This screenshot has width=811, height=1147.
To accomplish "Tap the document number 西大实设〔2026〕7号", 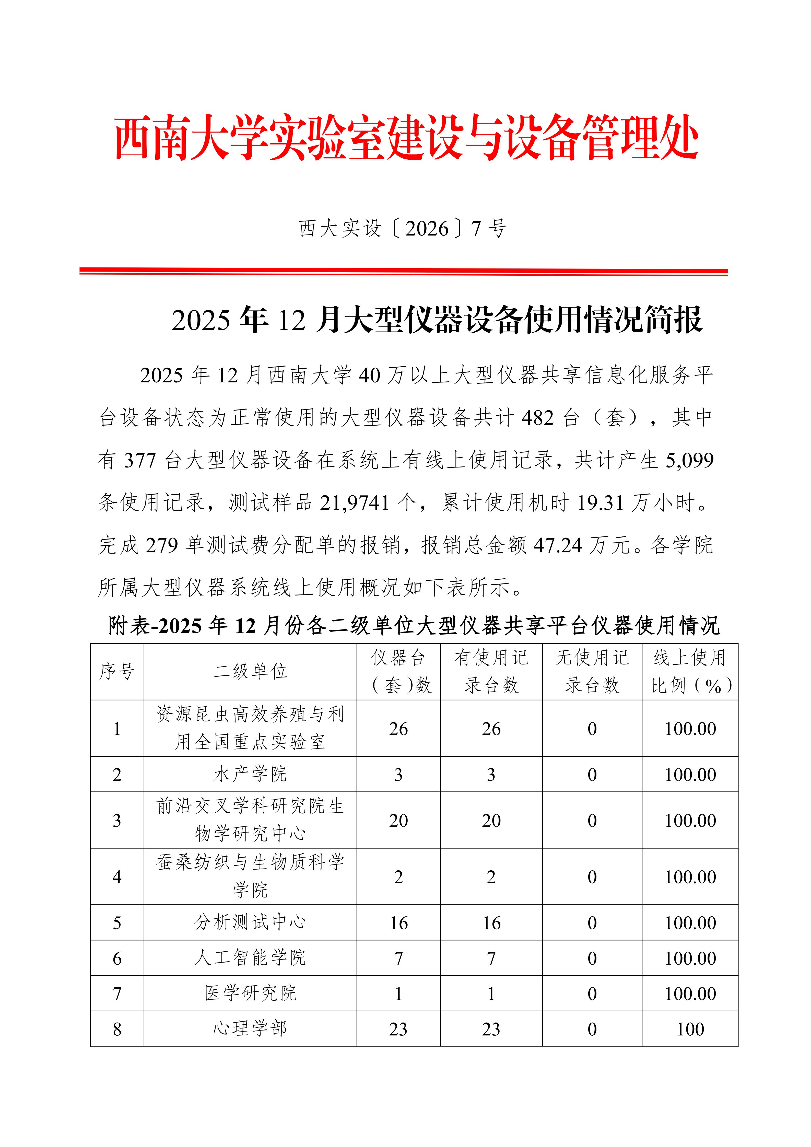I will pyautogui.click(x=403, y=229).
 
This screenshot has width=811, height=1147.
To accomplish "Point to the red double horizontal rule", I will pyautogui.click(x=404, y=272).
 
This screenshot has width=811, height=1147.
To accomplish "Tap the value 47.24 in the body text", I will pyautogui.click(x=558, y=545).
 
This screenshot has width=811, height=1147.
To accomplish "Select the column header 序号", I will pyautogui.click(x=117, y=671).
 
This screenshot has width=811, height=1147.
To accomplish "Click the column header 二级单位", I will pyautogui.click(x=250, y=671).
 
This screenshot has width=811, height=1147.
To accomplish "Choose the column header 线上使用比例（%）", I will pyautogui.click(x=690, y=671).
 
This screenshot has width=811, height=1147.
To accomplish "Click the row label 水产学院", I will pyautogui.click(x=250, y=774).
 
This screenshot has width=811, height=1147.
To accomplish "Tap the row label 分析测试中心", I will pyautogui.click(x=250, y=922).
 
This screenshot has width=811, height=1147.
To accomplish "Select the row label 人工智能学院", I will pyautogui.click(x=250, y=958).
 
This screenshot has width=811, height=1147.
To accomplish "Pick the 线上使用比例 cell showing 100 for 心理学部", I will pyautogui.click(x=690, y=1029).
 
